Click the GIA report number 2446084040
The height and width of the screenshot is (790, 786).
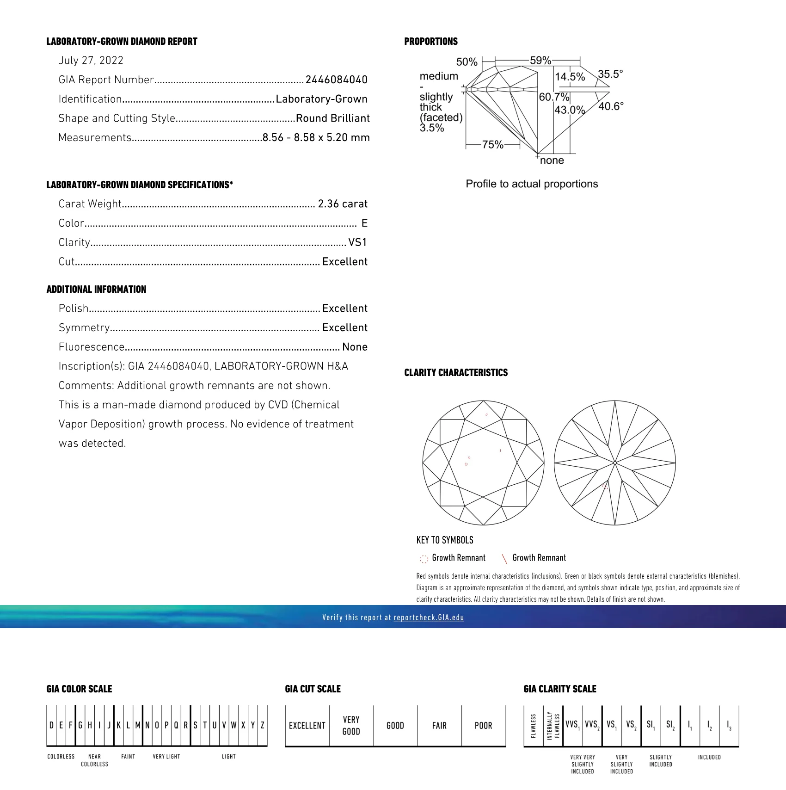tap(336, 80)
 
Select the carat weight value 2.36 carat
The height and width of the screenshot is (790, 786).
tap(343, 204)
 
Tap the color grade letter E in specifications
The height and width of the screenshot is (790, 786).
tap(364, 223)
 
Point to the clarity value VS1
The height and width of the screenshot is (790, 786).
tap(357, 242)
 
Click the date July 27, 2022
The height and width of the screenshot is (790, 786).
tap(91, 61)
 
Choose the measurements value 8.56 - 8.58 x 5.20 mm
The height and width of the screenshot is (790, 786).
tap(316, 138)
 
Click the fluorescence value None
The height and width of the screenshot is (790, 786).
tap(355, 347)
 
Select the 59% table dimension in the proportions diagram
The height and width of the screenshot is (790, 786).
tap(540, 61)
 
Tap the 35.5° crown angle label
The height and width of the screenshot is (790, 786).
tap(610, 74)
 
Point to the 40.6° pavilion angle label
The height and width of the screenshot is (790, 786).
tap(611, 106)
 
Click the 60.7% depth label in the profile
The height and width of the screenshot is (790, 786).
tap(554, 97)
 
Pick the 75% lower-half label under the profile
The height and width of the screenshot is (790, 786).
tap(492, 145)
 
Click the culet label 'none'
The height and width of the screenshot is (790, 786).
tap(552, 160)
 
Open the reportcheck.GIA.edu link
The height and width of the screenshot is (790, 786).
tap(429, 617)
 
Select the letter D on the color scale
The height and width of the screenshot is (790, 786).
tap(51, 725)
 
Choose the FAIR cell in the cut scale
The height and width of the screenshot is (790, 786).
tap(439, 726)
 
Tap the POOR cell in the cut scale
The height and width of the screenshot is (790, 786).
tap(483, 726)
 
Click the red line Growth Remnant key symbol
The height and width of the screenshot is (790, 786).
tap(504, 559)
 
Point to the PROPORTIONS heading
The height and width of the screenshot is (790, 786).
tap(431, 42)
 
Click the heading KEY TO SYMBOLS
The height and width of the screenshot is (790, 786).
tap(445, 540)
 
